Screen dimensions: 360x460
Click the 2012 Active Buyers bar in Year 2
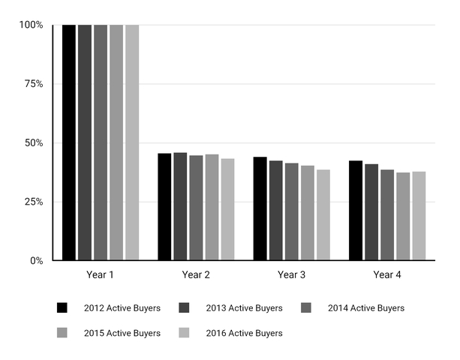164,207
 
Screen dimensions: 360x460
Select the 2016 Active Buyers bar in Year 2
227,210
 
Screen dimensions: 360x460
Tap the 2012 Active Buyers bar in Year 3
260,208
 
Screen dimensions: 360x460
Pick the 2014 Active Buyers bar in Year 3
291,211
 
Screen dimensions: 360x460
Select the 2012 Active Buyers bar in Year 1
69,142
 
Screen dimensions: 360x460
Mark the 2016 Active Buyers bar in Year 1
132,142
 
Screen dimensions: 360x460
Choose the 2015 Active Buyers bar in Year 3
308,213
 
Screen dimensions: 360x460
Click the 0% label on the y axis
37,261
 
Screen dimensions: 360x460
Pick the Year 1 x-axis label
101,275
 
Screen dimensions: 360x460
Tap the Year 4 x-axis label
387,275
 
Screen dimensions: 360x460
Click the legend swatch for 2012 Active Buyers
63,308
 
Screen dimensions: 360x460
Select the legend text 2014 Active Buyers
366,308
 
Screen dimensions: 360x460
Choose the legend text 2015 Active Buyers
123,333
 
